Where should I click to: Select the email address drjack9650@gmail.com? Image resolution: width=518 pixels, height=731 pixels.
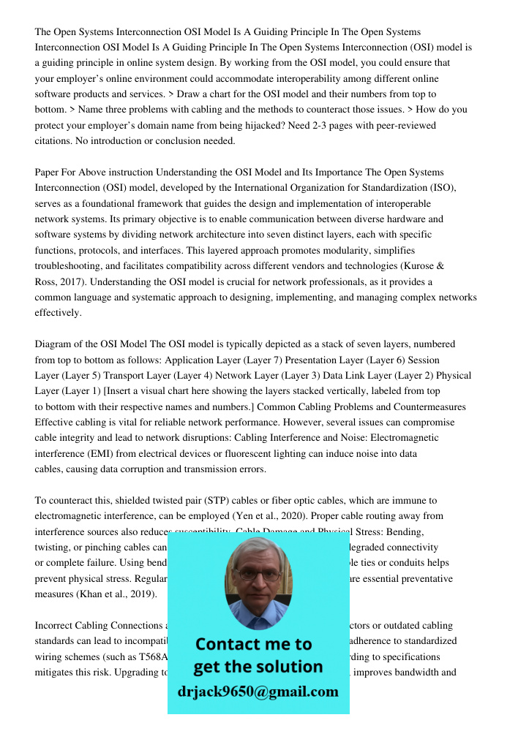pyautogui.click(x=258, y=692)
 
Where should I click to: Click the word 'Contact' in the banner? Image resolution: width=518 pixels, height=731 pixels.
pyautogui.click(x=231, y=644)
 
